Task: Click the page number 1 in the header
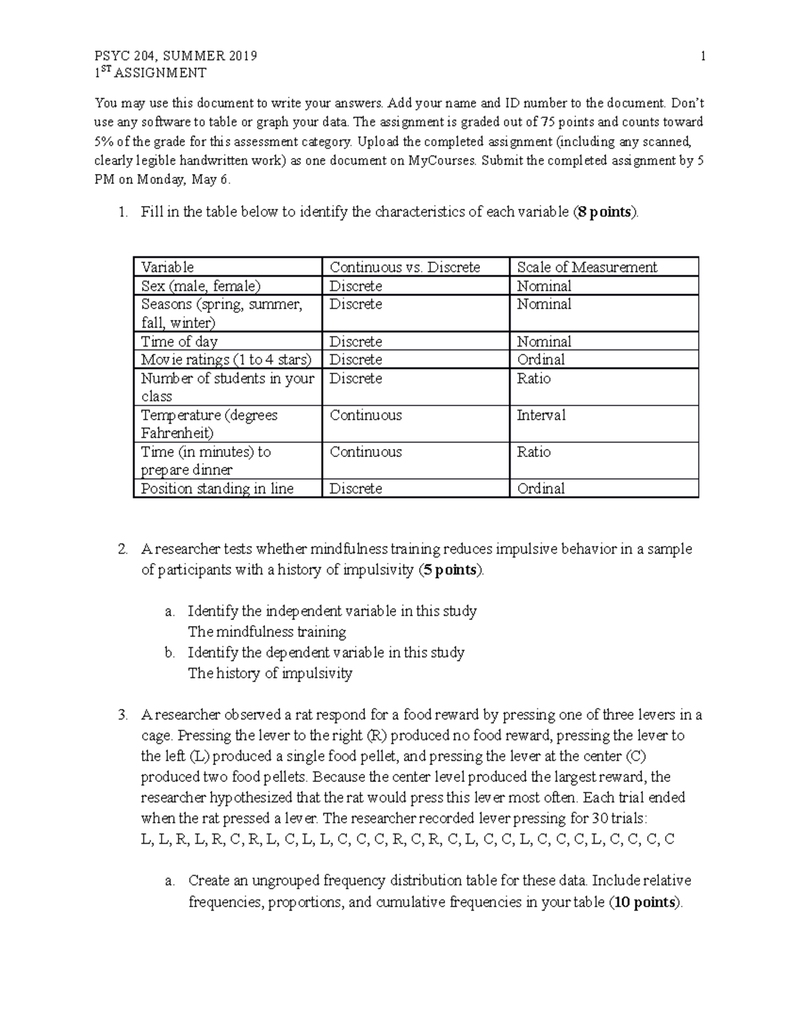703,56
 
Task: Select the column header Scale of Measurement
587,268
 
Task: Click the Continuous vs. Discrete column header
405,268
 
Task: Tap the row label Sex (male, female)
200,286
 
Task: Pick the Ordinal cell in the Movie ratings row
541,360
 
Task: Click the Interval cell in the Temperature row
541,415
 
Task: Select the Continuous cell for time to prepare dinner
365,452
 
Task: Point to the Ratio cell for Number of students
533,378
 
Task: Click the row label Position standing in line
217,488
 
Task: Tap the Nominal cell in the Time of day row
544,342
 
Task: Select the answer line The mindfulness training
266,632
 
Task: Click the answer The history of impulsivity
270,673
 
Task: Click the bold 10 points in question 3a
644,903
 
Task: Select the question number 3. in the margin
122,715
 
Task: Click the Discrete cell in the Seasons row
356,304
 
